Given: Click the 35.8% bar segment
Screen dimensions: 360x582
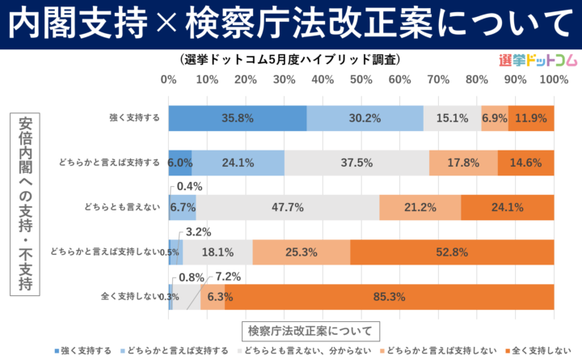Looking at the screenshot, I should click(x=238, y=118).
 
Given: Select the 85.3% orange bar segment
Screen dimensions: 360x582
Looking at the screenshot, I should click(x=390, y=296).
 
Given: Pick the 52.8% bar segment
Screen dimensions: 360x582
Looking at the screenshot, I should click(x=452, y=252).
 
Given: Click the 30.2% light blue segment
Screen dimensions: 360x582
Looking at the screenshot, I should click(x=365, y=118).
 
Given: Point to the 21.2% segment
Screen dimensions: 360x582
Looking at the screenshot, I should click(x=420, y=207).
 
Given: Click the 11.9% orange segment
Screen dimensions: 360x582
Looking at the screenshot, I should click(x=531, y=118).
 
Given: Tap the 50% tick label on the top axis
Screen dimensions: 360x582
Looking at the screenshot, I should click(x=361, y=79).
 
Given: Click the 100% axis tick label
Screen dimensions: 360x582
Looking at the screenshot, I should click(x=553, y=79).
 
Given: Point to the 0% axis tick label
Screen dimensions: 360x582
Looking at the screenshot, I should click(x=169, y=79).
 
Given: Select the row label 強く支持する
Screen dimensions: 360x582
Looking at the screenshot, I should click(x=134, y=118).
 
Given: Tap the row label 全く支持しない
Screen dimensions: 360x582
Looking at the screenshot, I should click(x=129, y=296).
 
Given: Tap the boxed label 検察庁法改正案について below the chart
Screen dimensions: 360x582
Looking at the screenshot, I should click(x=310, y=330).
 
